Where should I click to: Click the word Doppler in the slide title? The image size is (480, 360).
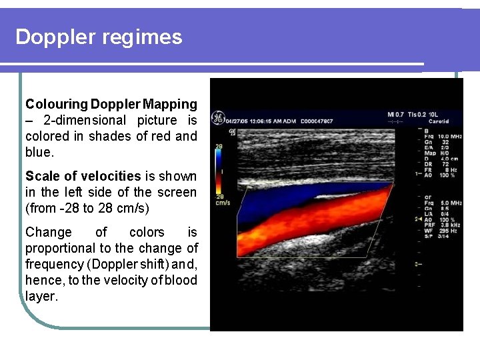(55, 37)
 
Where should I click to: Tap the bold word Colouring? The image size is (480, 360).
(57, 104)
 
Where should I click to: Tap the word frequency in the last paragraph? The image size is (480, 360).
(52, 264)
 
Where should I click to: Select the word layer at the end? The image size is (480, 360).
(41, 296)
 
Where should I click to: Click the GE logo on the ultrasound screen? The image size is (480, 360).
(217, 118)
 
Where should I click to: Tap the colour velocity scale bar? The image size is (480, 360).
(217, 169)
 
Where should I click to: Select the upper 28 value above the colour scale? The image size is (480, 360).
(218, 145)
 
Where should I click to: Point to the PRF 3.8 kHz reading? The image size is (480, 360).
(439, 225)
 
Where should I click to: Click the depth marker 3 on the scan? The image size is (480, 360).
(417, 265)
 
